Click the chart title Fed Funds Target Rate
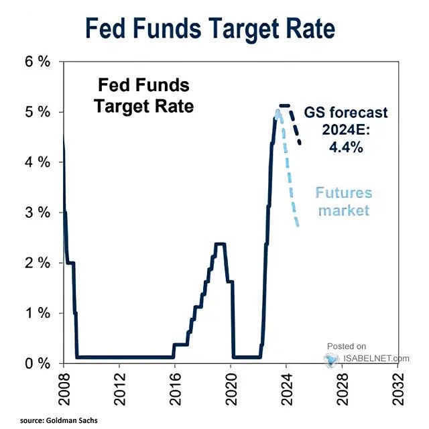[210, 29]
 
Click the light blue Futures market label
[343, 202]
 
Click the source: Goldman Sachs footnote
[60, 420]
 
